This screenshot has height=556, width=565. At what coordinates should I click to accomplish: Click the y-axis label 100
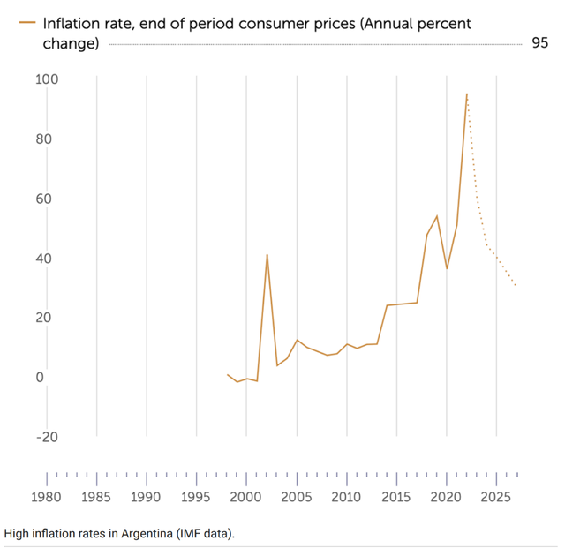[x=46, y=80]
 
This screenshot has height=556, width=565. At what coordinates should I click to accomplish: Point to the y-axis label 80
[x=46, y=139]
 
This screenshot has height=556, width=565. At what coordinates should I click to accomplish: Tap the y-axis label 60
[x=46, y=199]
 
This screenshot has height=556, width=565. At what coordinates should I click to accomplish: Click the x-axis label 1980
[x=46, y=496]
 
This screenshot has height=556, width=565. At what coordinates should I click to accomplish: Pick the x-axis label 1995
[x=196, y=496]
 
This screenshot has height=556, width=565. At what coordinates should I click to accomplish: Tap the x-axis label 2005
[x=297, y=496]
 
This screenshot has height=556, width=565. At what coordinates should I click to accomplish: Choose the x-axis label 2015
[x=396, y=496]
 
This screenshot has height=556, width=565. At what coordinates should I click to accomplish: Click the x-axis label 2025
[x=497, y=496]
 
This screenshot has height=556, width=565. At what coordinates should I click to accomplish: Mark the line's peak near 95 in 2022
[x=467, y=94]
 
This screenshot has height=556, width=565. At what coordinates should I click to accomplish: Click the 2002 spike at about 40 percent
[x=267, y=255]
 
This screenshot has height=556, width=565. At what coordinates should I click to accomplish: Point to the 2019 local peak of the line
[x=437, y=215]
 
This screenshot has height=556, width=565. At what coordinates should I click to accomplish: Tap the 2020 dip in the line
[x=447, y=268]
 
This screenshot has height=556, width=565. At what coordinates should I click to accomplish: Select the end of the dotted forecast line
[x=516, y=286]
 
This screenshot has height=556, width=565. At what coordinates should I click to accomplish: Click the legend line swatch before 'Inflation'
[x=26, y=24]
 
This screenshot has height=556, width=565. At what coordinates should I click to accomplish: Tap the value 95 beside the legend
[x=539, y=43]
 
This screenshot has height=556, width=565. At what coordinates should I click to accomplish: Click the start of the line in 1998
[x=227, y=374]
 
